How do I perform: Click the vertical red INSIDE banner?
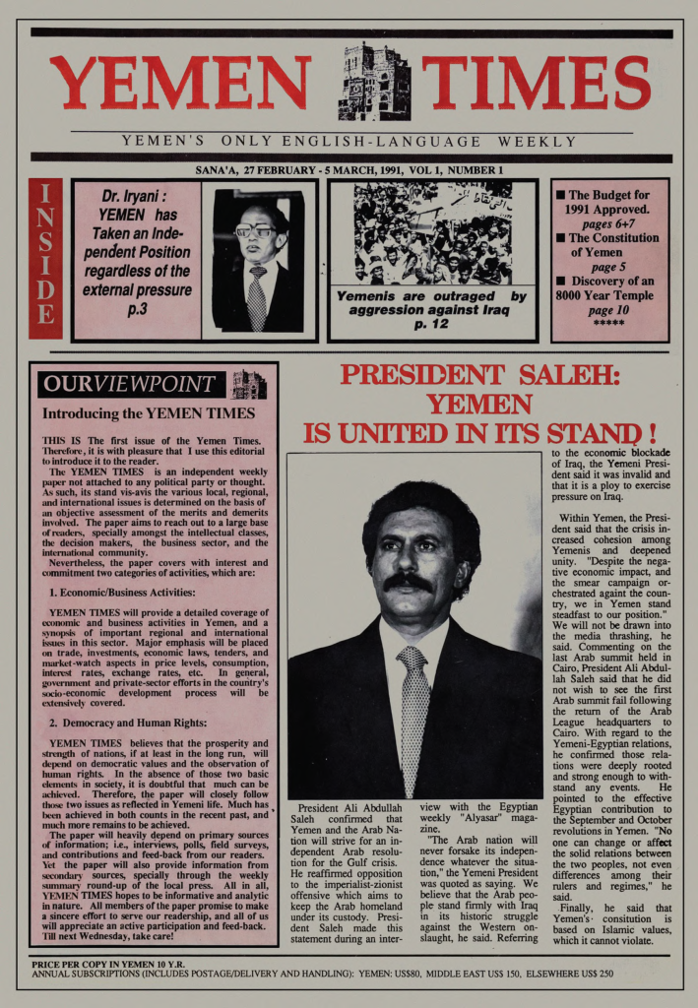tap(45, 258)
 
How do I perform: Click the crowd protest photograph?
tap(432, 232)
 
